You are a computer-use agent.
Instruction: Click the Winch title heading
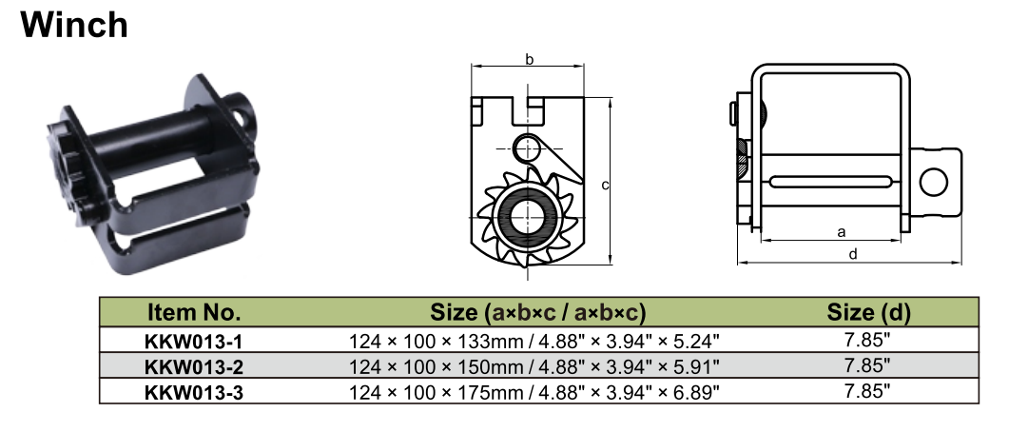[x=74, y=24]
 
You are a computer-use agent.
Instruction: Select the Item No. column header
[x=194, y=312]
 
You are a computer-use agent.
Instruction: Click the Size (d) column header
[x=868, y=312]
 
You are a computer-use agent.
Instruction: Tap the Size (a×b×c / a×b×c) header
[x=538, y=312]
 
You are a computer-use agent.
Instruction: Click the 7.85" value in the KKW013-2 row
[x=868, y=365]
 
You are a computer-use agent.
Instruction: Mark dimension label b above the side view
[x=529, y=60]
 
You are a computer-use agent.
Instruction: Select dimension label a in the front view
[x=840, y=231]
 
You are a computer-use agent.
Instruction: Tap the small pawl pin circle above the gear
[x=525, y=147]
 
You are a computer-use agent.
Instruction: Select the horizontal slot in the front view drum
[x=832, y=182]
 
